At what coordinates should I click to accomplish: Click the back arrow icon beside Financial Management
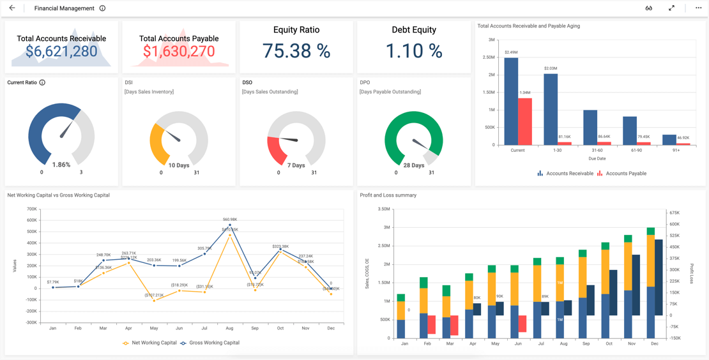[12, 8]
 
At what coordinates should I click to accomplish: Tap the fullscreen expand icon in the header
[671, 8]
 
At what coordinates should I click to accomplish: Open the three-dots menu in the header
[698, 8]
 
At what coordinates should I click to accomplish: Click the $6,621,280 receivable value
[61, 52]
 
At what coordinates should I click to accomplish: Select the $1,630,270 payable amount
[179, 52]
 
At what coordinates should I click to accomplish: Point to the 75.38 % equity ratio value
[296, 51]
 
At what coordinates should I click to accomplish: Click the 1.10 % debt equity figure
[414, 51]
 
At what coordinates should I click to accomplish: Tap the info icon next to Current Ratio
[42, 82]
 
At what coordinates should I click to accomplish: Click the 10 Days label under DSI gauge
[179, 165]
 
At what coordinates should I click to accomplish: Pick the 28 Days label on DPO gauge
[414, 165]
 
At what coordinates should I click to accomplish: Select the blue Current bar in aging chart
[511, 101]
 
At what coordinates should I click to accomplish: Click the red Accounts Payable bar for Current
[525, 121]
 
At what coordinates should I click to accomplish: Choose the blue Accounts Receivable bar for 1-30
[551, 109]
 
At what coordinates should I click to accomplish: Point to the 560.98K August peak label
[229, 220]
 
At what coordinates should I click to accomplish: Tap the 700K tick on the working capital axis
[31, 209]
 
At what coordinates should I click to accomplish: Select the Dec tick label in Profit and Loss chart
[655, 343]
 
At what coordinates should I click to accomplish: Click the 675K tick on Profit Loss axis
[675, 213]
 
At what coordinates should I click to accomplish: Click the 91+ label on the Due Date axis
[676, 151]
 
